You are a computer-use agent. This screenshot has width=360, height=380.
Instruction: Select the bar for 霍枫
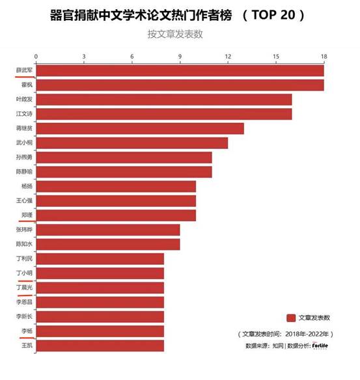point(180,85)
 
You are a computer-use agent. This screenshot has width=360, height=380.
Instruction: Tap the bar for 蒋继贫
point(140,128)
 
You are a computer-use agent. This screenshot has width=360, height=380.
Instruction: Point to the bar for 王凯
point(100,345)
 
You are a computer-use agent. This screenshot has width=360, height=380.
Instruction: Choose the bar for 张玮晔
point(108,230)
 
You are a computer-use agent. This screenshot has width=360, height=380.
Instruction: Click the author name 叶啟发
point(25,100)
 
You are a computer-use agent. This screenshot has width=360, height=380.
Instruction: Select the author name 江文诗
point(25,114)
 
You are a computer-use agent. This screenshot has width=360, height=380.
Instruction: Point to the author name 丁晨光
point(25,287)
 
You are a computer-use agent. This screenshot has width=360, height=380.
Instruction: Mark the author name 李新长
point(25,316)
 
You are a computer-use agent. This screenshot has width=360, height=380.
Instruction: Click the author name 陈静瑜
point(25,172)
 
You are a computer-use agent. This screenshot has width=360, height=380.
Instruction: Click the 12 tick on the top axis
point(228,57)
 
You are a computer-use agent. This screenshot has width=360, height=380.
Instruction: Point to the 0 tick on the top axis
point(36,57)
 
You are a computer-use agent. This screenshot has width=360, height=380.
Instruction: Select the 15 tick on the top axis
point(276,57)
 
